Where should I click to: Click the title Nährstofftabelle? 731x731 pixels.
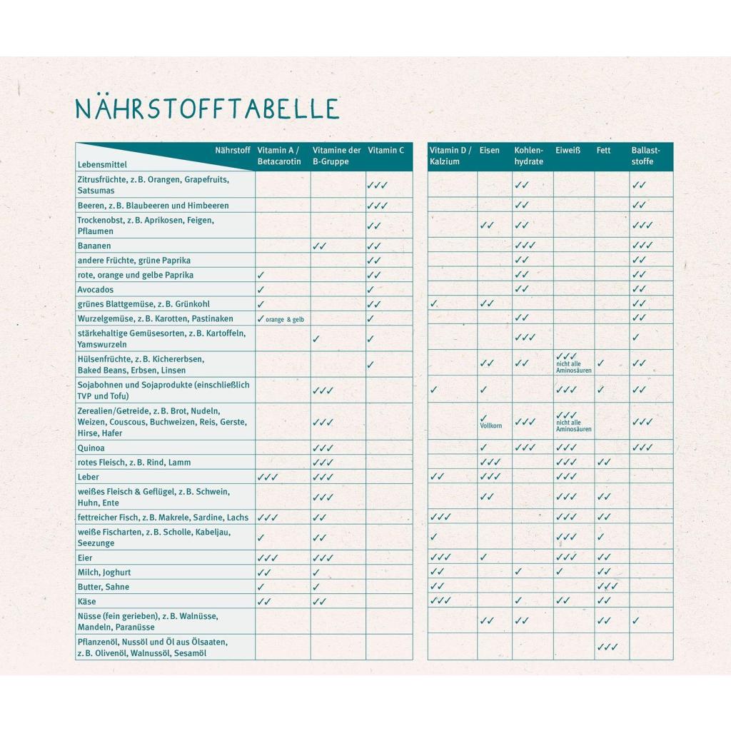(207, 108)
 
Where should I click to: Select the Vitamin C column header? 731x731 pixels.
(385, 151)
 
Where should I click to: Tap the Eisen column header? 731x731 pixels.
(490, 151)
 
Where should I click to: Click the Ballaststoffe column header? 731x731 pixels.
(645, 156)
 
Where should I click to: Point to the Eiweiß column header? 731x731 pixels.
(568, 151)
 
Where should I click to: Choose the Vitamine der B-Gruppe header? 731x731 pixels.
(337, 156)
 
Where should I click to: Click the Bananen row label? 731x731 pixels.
(94, 246)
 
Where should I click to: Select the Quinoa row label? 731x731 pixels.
(91, 448)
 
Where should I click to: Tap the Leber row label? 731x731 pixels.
(88, 477)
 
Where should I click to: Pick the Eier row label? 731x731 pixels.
(85, 558)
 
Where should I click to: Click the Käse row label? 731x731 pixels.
(86, 601)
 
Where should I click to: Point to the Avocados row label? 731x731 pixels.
(96, 290)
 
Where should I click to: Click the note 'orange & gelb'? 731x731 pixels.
(284, 320)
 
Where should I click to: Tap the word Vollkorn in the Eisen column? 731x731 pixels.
(490, 425)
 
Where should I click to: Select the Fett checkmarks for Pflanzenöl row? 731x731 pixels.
(607, 647)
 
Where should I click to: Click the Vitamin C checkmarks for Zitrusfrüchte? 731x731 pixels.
(377, 185)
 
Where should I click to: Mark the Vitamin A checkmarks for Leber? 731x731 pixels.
(267, 477)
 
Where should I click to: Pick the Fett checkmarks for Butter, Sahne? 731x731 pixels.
(607, 587)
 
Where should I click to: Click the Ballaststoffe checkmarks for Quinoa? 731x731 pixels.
(642, 448)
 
